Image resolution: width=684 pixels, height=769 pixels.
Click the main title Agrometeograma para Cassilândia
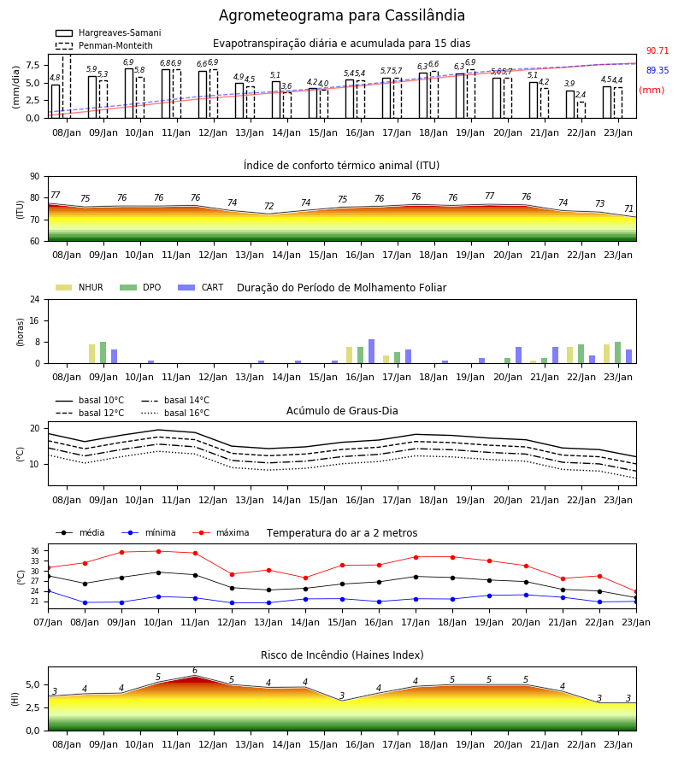(x=341, y=15)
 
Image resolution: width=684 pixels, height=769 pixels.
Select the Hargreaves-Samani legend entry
(x=108, y=32)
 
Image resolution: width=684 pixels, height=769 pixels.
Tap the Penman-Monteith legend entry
(x=104, y=45)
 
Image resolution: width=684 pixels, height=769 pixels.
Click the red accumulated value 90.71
(x=657, y=50)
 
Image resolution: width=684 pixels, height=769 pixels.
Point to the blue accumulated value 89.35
(x=657, y=70)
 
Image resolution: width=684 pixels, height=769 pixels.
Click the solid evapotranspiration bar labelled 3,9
(x=570, y=104)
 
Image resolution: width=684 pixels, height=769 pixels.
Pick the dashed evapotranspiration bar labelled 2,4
(x=581, y=110)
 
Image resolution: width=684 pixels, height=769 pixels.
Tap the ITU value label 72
(x=268, y=206)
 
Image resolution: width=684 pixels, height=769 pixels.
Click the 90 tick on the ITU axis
(x=35, y=177)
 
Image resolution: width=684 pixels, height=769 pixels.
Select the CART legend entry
(x=201, y=287)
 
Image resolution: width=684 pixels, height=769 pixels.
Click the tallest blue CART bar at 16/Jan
(x=371, y=351)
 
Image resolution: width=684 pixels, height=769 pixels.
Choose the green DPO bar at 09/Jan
(x=103, y=353)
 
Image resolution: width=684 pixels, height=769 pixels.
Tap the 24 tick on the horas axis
(x=35, y=299)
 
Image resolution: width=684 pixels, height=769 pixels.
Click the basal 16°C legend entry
(x=175, y=413)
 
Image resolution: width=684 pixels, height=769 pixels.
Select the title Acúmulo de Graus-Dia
(x=342, y=410)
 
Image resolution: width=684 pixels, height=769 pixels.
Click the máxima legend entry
(x=221, y=532)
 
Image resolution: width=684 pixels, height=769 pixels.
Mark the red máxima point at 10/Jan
(x=158, y=551)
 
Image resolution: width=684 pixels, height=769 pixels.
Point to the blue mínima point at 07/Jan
(x=48, y=591)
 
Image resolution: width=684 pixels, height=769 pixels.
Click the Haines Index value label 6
(x=195, y=671)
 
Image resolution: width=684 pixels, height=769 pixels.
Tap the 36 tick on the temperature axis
(x=35, y=551)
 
